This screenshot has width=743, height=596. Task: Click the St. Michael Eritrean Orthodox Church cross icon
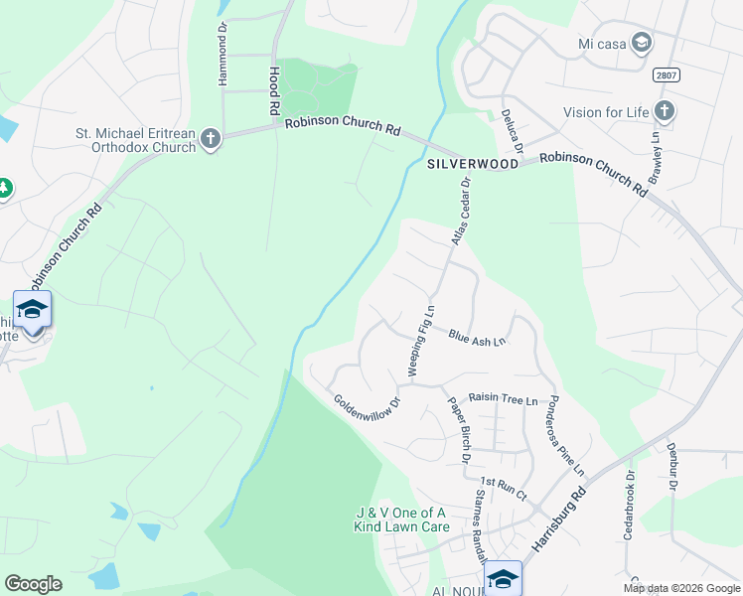click(210, 139)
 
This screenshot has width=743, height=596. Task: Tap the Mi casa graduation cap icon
click(641, 43)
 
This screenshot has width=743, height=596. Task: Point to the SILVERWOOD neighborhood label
click(473, 164)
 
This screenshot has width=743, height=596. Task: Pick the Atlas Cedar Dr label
click(460, 211)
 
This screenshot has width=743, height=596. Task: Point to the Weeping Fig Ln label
click(422, 341)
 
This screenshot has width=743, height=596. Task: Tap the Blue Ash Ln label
click(477, 340)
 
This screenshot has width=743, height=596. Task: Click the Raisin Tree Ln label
click(503, 399)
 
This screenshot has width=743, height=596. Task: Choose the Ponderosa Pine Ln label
click(566, 434)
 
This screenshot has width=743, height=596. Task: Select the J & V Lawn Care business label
click(401, 520)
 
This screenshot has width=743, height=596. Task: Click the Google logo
click(33, 584)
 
